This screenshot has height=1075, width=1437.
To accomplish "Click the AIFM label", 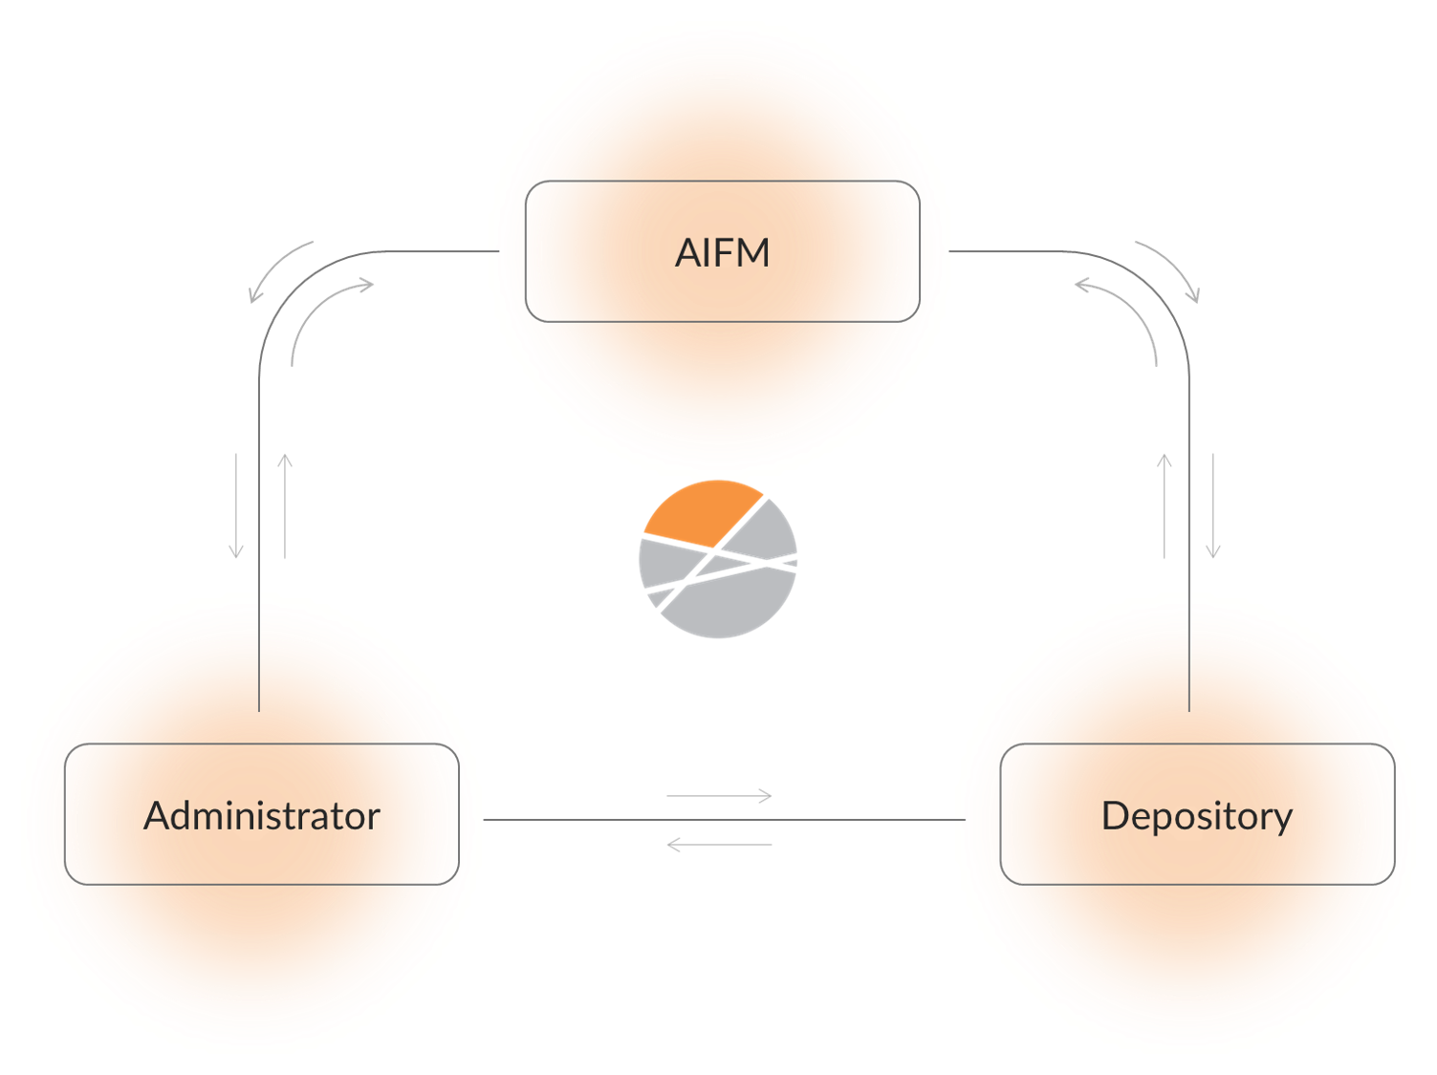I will [722, 252].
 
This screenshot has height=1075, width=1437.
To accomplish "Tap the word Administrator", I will [262, 816].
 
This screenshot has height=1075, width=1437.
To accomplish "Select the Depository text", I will [1197, 816].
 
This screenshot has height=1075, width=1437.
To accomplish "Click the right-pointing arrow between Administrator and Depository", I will [719, 795].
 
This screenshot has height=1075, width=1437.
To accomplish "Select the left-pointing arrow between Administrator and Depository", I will [719, 845].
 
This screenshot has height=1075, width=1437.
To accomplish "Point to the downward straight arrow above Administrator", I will [236, 506].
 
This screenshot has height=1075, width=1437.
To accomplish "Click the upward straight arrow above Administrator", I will [285, 506].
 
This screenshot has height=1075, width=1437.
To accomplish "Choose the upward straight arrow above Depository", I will [1165, 506].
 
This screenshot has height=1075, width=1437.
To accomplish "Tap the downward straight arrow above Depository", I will [1213, 506].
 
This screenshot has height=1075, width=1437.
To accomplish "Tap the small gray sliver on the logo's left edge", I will [658, 598].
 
